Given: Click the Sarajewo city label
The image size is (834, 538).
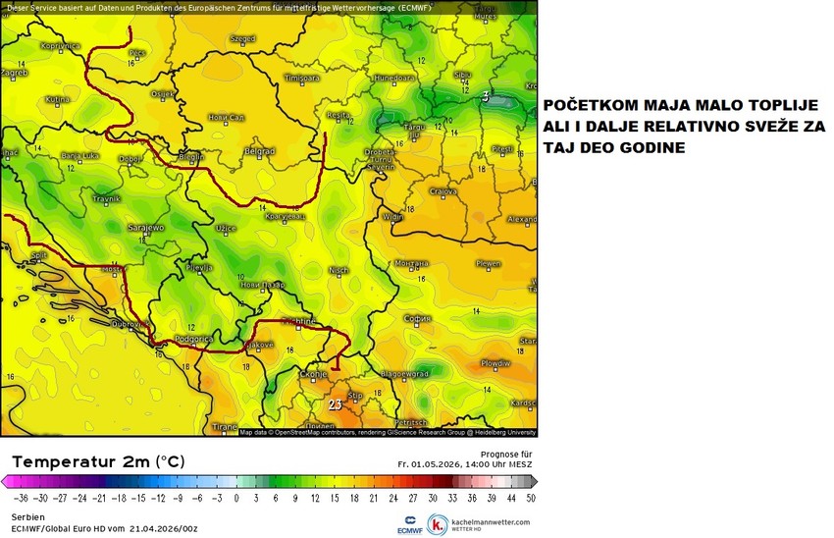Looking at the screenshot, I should (147, 227).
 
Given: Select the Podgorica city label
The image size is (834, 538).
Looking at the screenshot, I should (181, 339).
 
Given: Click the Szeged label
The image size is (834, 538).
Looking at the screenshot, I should (241, 39).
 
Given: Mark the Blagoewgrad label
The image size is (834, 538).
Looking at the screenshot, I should (405, 374).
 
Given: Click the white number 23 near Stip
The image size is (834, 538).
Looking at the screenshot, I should (335, 403).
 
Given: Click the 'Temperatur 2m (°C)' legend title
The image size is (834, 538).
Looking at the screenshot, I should (98, 460).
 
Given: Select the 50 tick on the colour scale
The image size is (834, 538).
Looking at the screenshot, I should (531, 498).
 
